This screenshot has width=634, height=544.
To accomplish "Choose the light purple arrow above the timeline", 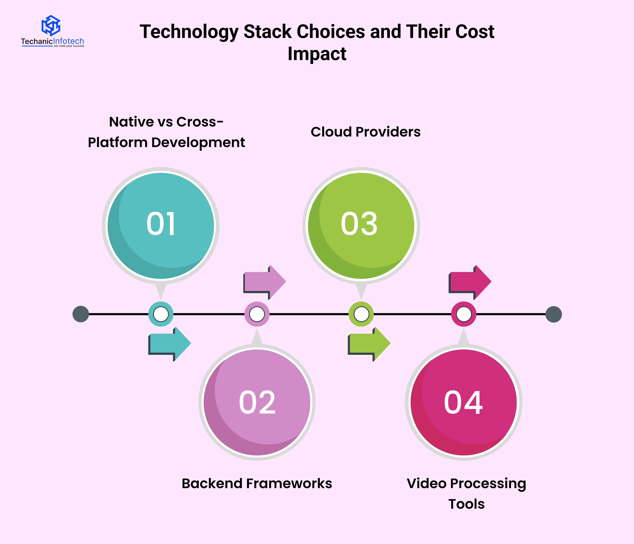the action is click(265, 282).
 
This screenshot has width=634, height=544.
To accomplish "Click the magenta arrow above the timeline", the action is click(470, 282).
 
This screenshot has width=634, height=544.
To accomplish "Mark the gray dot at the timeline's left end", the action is click(81, 314).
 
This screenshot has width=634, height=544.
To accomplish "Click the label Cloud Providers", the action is click(366, 132).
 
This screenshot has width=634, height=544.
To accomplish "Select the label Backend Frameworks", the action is click(257, 484).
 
